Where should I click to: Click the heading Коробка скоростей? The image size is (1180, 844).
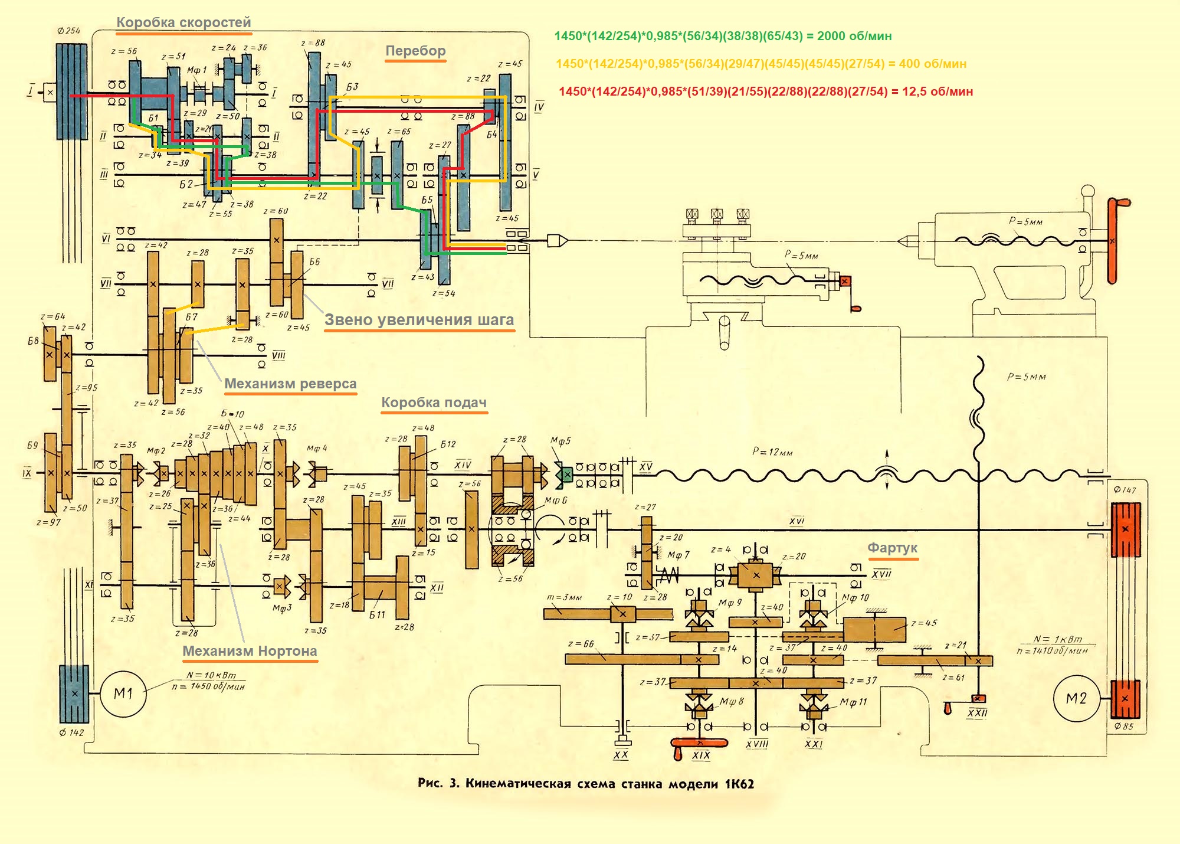click(183, 22)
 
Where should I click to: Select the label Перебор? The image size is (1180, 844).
click(415, 51)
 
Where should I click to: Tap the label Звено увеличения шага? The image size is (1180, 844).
click(419, 320)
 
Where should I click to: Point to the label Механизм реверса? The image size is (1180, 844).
click(290, 384)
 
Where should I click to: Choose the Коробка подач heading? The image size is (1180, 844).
click(434, 403)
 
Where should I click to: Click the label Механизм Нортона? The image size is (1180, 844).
click(250, 651)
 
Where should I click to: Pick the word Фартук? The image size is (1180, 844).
click(892, 548)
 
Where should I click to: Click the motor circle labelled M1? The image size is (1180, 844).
click(123, 693)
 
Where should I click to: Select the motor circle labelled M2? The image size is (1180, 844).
click(1076, 699)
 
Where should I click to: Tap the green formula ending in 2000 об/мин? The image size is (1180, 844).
click(723, 36)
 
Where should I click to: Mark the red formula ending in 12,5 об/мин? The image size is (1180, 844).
click(765, 91)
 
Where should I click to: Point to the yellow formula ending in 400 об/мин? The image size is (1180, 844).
click(761, 64)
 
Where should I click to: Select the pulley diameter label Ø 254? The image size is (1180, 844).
click(69, 31)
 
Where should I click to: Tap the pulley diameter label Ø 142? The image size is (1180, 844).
click(72, 732)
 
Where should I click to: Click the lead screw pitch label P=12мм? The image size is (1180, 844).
click(772, 452)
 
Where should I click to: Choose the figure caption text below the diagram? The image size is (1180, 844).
click(585, 784)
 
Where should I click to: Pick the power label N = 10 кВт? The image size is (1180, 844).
click(211, 675)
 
